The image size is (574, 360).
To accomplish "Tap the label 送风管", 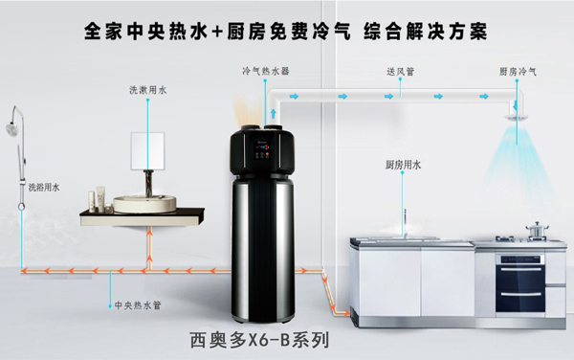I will tap(400, 71).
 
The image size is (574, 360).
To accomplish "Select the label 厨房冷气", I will tap(518, 71).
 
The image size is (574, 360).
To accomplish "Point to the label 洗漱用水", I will tap(147, 90).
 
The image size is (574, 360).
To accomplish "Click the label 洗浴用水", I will tap(43, 187).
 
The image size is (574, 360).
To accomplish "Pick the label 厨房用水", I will tap(403, 165).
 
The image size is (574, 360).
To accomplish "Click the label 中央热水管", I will tap(131, 306).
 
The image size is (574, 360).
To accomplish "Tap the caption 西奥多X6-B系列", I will tap(260, 340).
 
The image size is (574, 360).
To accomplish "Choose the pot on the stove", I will tap(537, 229).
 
